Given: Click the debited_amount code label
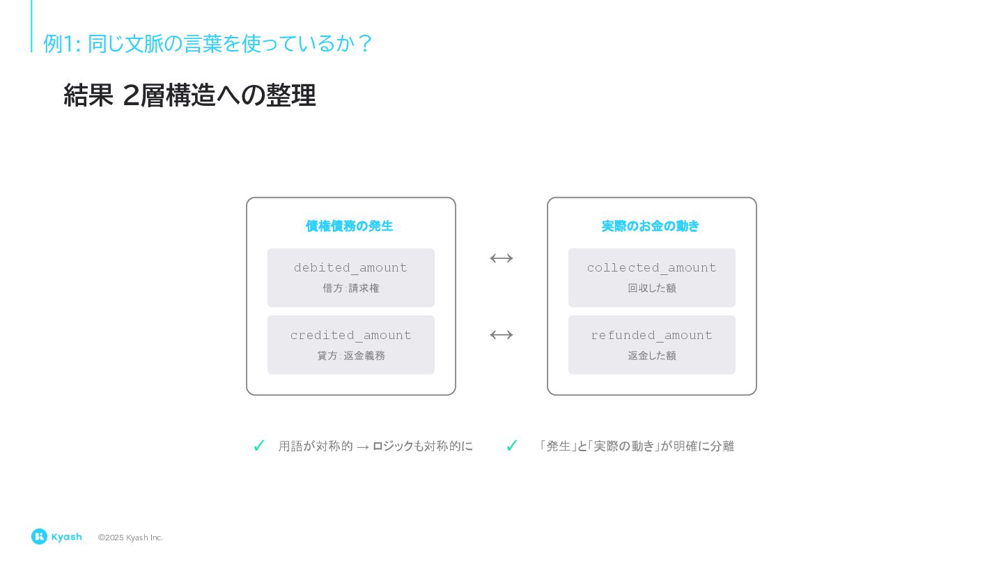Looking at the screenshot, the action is tap(350, 268).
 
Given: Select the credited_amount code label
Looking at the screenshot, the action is tap(350, 336).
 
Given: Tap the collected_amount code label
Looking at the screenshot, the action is tap(651, 268).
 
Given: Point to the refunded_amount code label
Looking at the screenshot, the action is tap(651, 336).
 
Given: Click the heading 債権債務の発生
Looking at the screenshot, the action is tap(349, 226).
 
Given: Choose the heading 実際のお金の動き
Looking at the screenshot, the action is tap(650, 226).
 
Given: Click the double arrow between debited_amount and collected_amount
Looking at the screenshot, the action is tap(501, 258).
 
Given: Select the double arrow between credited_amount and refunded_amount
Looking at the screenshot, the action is tap(501, 335).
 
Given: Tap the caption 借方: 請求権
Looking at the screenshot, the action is tap(350, 288).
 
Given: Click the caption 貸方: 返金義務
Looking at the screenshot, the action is tap(350, 356).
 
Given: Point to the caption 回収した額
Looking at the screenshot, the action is tap(651, 288).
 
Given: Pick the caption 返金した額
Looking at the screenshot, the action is tap(651, 356).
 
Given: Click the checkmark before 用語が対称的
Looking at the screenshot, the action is tap(259, 446).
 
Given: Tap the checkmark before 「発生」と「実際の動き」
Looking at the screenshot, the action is tap(512, 446).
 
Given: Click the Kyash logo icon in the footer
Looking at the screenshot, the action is tap(39, 537).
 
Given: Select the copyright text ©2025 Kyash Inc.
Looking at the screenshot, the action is tap(130, 538).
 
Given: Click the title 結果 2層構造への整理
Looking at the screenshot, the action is tap(189, 95).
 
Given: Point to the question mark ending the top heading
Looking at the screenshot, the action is tap(365, 43).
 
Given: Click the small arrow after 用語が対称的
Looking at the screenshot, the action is tap(362, 447).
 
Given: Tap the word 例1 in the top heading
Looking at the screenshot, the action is tap(58, 43).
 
